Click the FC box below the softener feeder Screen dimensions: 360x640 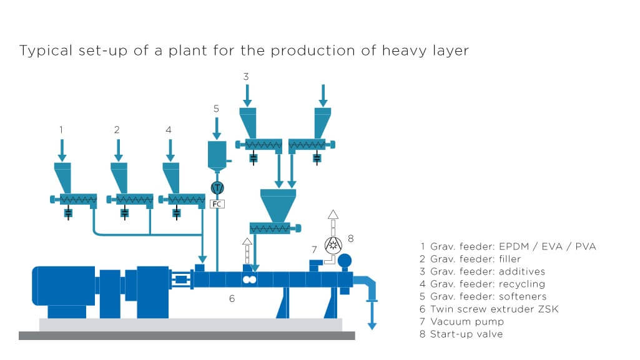pyautogui.click(x=217, y=203)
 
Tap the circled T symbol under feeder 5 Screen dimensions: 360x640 pyautogui.click(x=217, y=187)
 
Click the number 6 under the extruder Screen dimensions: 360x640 pyautogui.click(x=232, y=299)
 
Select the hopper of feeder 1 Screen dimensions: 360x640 pyautogui.click(x=63, y=177)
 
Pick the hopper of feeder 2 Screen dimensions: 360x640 pyautogui.click(x=119, y=177)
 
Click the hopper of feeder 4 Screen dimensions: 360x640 pyautogui.click(x=170, y=177)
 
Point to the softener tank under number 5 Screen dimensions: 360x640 pyautogui.click(x=217, y=154)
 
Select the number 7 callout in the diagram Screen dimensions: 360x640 pyautogui.click(x=314, y=250)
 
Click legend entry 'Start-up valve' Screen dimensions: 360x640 pyautogui.click(x=461, y=334)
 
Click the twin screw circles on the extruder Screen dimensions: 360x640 pyautogui.click(x=250, y=281)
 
